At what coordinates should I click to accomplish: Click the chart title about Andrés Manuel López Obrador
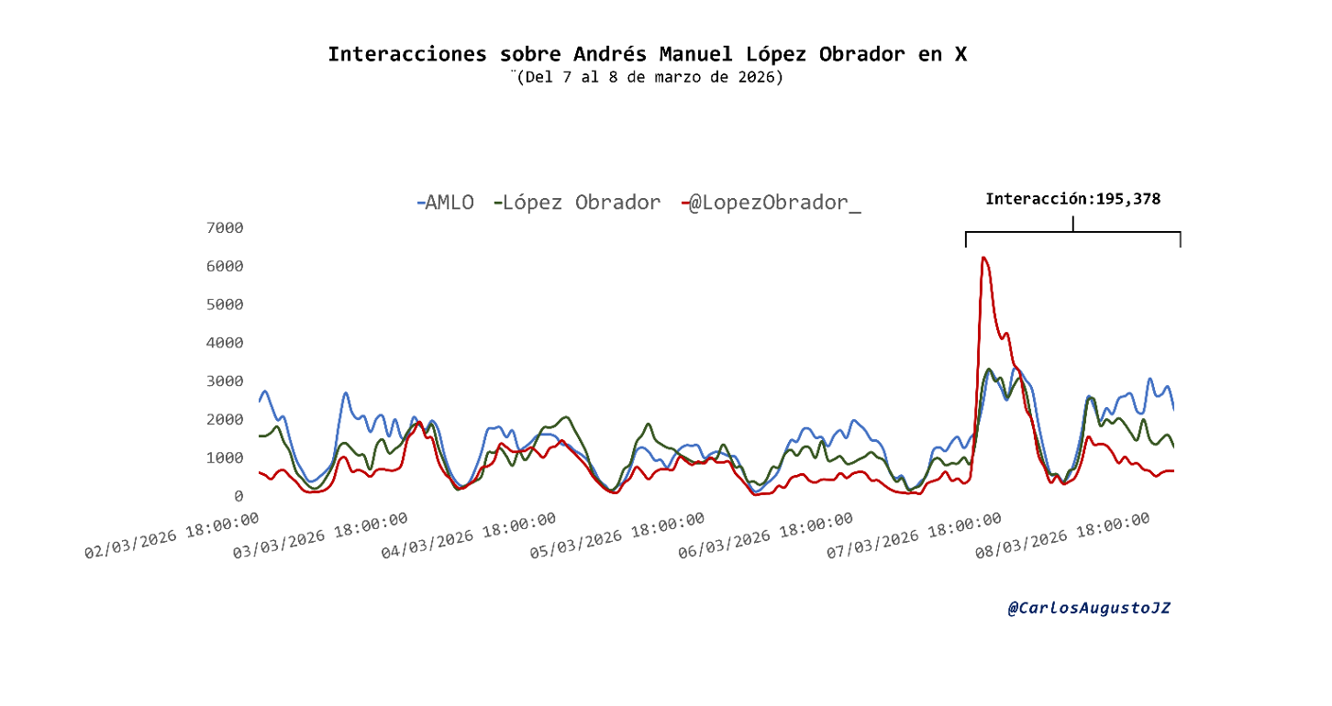647,54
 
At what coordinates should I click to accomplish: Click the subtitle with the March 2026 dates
649,77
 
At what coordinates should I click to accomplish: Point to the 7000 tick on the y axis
225,227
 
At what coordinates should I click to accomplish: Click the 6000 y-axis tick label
225,266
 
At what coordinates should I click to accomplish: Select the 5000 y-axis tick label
225,304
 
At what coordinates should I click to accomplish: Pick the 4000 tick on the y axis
225,343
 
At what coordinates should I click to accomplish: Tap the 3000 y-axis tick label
225,381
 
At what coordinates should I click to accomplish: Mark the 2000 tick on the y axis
225,419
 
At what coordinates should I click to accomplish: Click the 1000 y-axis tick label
225,458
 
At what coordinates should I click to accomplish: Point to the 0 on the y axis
239,496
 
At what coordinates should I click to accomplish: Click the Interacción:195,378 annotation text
1073,198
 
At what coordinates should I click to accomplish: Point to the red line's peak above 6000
983,258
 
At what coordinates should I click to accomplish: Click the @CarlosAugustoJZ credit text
1089,608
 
